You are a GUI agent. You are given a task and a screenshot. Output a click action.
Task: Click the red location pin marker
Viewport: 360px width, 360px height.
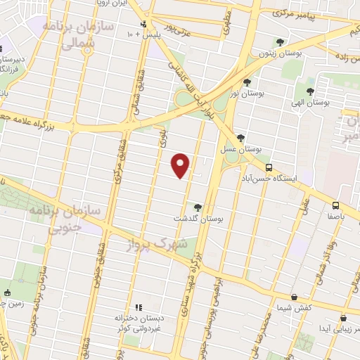point(181,165)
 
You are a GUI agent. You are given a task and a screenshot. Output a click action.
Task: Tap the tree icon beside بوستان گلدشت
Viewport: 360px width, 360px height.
point(198,207)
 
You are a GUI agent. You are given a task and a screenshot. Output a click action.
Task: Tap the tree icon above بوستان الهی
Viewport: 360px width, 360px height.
point(310,91)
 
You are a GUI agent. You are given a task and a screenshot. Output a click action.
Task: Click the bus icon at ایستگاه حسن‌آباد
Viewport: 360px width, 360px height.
point(269,167)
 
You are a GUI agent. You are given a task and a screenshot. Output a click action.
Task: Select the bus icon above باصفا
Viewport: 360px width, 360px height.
point(336,205)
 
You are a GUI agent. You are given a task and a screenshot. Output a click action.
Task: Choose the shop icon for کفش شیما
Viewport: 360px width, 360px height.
point(294,297)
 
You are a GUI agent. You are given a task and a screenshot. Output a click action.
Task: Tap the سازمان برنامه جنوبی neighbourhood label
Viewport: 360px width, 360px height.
point(65,219)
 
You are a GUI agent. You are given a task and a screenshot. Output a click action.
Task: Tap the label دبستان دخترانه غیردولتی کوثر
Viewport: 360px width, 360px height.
point(139,323)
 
